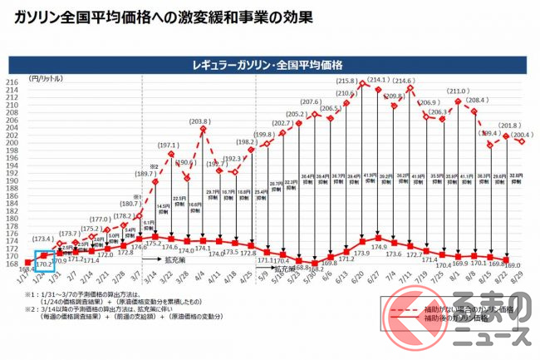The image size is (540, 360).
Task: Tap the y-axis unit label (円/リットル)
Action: [43, 76]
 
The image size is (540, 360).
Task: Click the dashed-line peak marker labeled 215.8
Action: [362, 85]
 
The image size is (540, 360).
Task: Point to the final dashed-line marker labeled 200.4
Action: [522, 141]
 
